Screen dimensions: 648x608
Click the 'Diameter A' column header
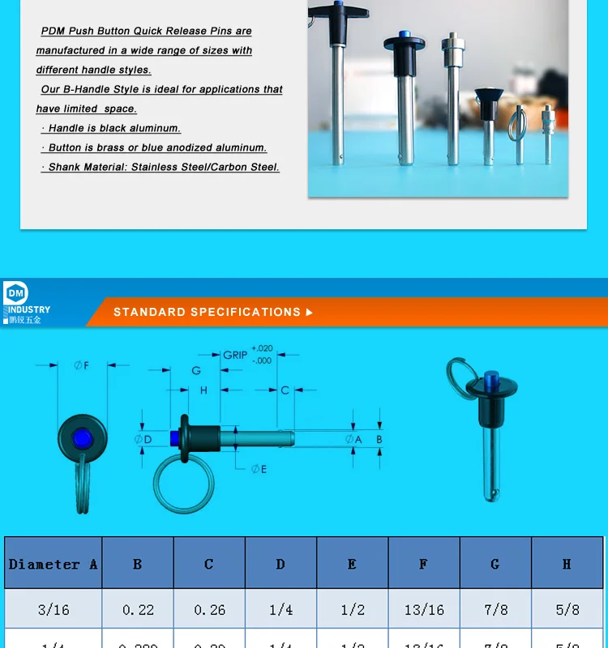tap(53, 563)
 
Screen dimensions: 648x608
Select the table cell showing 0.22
tap(137, 609)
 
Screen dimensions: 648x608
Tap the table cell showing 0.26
tap(208, 609)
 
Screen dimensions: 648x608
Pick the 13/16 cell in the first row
tap(423, 609)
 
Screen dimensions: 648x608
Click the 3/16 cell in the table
tap(53, 609)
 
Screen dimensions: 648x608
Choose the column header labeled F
tap(423, 563)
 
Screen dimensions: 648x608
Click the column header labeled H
tap(567, 563)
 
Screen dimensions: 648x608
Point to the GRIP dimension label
tap(235, 355)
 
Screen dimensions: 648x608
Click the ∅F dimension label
tap(81, 365)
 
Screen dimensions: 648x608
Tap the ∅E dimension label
tap(259, 469)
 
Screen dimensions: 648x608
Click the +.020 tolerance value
tap(262, 348)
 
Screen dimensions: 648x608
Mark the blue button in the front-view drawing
tap(82, 439)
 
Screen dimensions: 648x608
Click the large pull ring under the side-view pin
tap(183, 484)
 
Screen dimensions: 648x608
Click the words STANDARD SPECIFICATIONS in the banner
tap(207, 312)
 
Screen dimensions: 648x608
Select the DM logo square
tap(15, 293)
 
